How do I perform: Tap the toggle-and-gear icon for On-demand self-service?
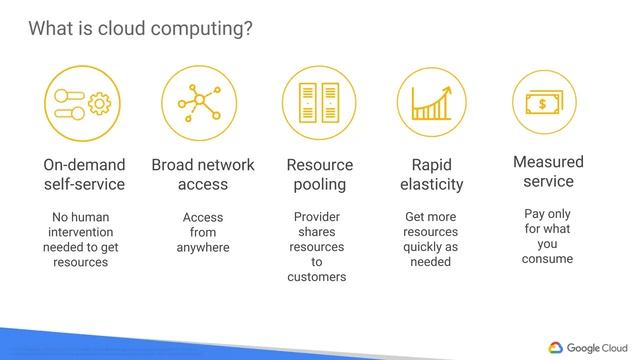[84, 103]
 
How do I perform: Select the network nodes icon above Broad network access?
[200, 103]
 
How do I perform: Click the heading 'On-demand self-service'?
[84, 174]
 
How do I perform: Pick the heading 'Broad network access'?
[203, 174]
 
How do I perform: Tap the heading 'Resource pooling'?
[320, 174]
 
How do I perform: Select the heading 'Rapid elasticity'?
[432, 174]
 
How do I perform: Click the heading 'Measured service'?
[548, 171]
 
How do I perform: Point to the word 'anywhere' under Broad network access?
[203, 247]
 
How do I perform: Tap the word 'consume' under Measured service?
[547, 259]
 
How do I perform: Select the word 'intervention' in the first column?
[81, 232]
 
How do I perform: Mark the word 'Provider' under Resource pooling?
[317, 217]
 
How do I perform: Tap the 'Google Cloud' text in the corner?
[597, 346]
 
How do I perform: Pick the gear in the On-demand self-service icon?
[99, 103]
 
